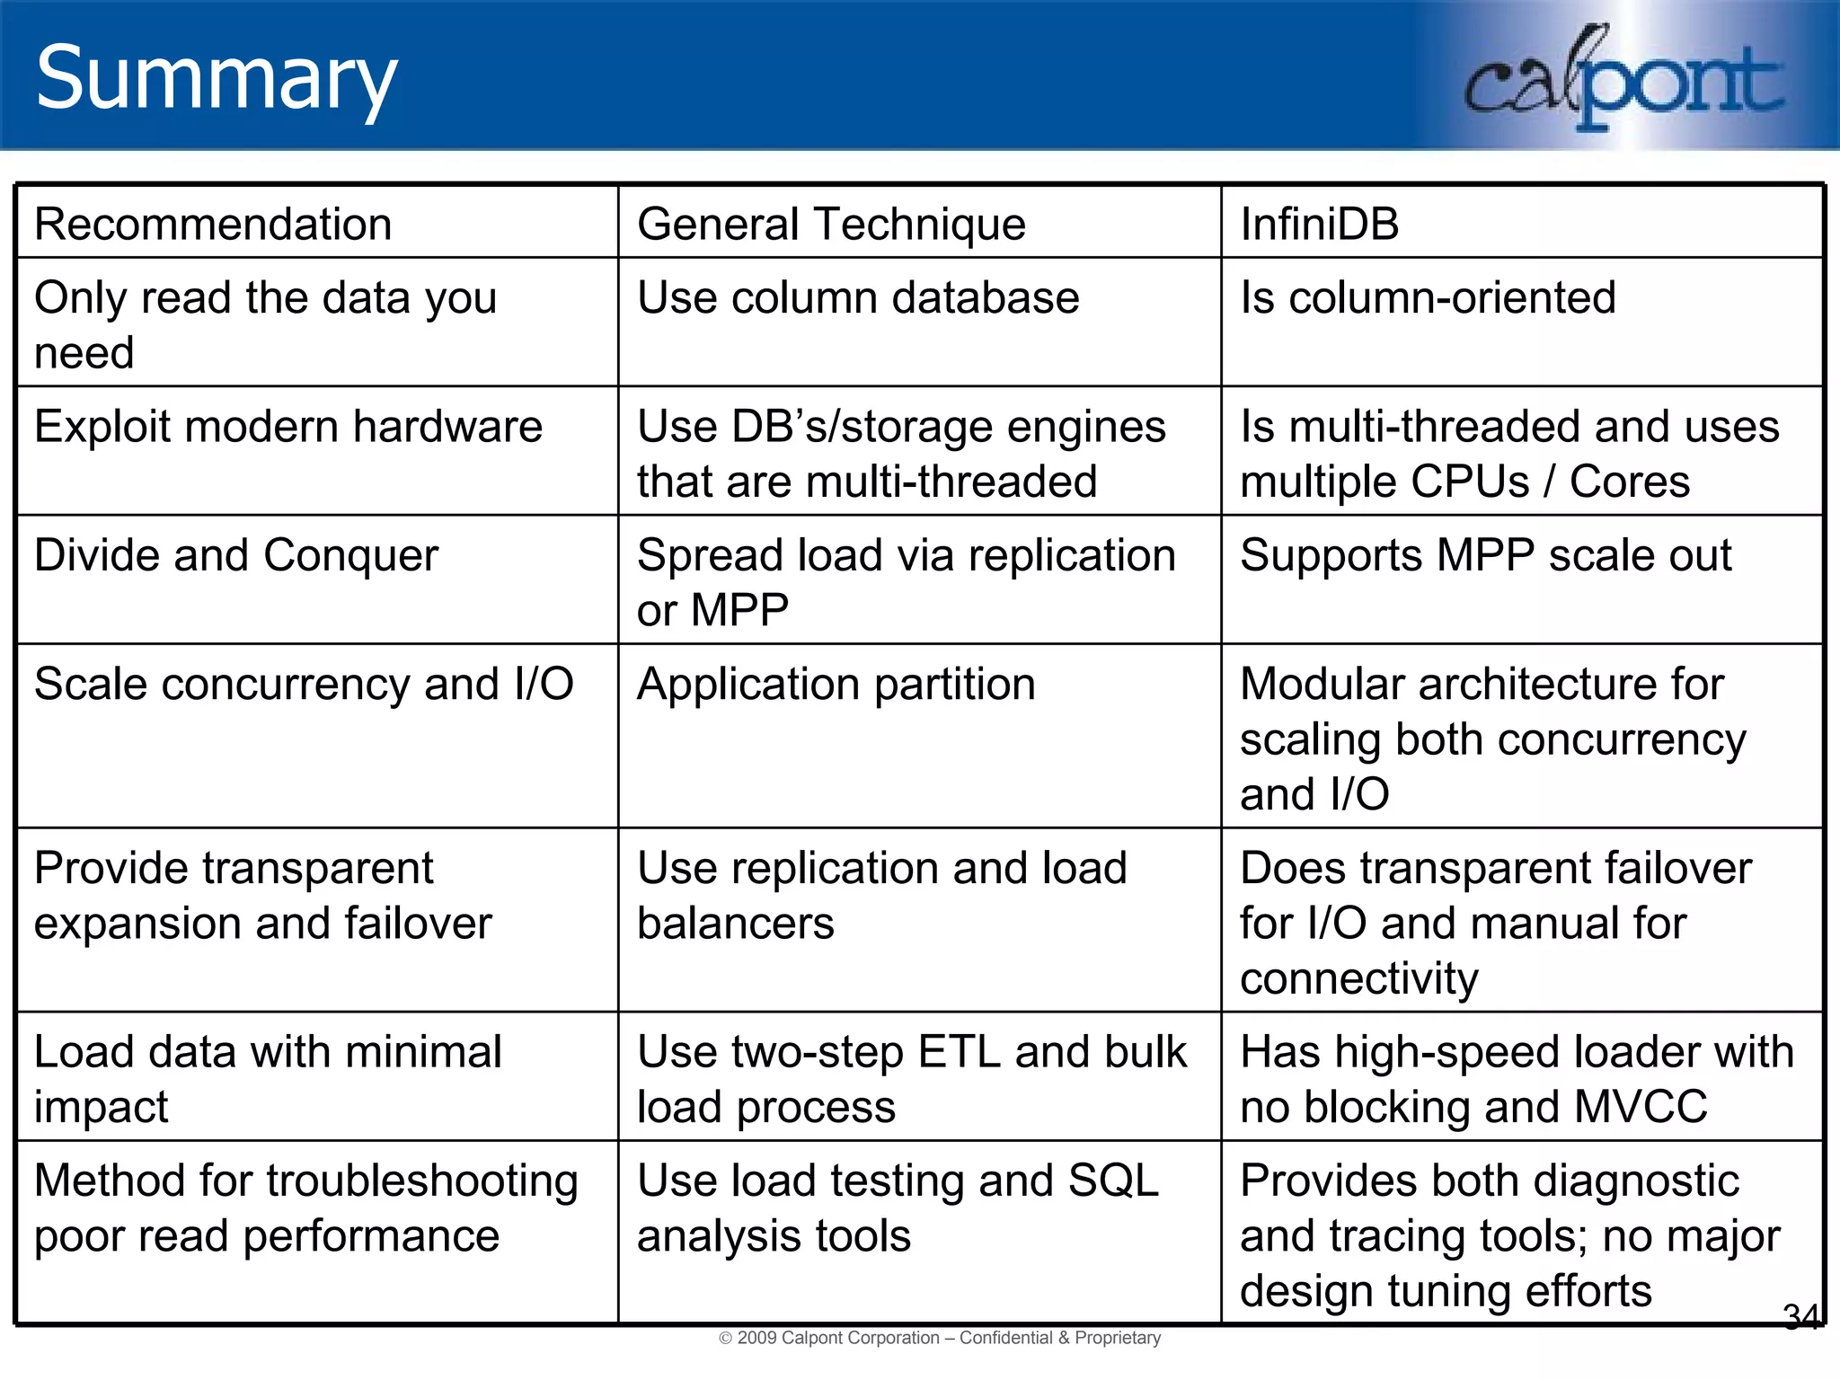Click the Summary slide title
point(216,79)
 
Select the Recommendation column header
point(213,224)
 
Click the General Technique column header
point(831,224)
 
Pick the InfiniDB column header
point(1319,224)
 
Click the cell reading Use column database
point(858,298)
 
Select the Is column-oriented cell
point(1428,298)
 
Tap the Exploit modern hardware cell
point(288,427)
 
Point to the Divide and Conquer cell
point(236,555)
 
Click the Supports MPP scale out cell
point(1485,555)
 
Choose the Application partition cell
point(836,685)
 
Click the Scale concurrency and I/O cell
point(304,685)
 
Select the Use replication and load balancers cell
point(881,896)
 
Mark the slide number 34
point(1800,1317)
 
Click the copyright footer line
point(940,1338)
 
